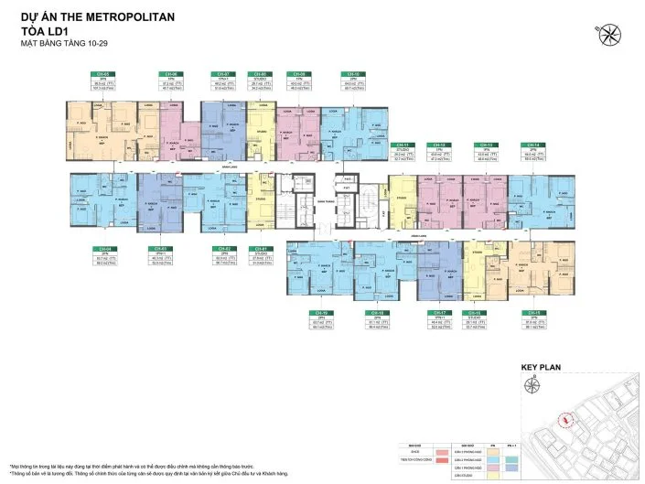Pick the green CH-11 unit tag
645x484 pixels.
(400, 145)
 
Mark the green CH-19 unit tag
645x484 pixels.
(319, 312)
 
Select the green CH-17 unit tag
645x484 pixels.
(436, 312)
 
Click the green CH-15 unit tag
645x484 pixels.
(529, 312)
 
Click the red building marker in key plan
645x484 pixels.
(567, 419)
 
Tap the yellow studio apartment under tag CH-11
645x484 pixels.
(401, 195)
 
